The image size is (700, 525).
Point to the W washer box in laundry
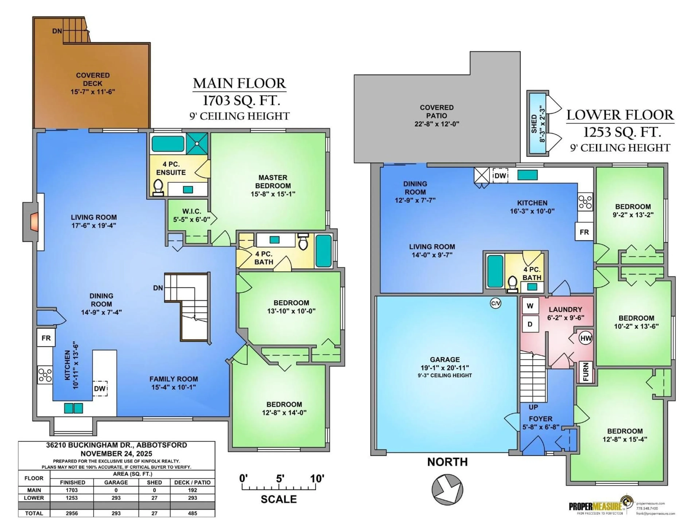click(530, 306)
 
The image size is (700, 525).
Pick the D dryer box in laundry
click(530, 324)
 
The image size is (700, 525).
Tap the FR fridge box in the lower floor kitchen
click(584, 232)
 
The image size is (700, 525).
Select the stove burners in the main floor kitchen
click(45, 375)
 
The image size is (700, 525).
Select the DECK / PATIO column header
click(192, 482)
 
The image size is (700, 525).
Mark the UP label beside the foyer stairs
click(533, 407)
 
